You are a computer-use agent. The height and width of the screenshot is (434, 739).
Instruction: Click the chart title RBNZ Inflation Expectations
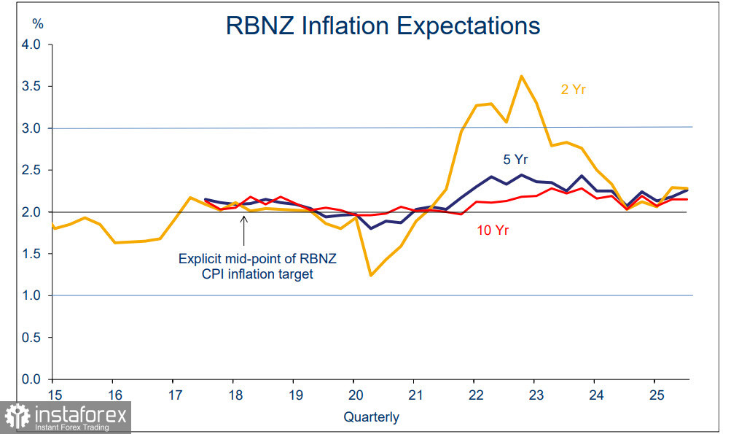383,26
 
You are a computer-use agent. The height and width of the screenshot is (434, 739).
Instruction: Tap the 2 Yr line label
574,90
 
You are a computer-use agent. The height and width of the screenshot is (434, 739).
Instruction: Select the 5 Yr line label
515,160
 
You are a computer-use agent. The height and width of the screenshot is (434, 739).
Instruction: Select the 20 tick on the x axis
353,395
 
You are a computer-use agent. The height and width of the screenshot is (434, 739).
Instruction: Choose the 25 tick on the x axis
654,395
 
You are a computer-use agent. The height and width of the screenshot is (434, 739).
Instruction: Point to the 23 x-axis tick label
533,395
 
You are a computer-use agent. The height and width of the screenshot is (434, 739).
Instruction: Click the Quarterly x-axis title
372,417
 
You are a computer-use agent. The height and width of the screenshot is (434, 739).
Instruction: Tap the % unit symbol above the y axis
38,24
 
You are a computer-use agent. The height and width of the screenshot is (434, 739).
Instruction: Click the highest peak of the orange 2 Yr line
522,76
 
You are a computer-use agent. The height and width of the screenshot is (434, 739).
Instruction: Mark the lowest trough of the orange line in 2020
371,275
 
